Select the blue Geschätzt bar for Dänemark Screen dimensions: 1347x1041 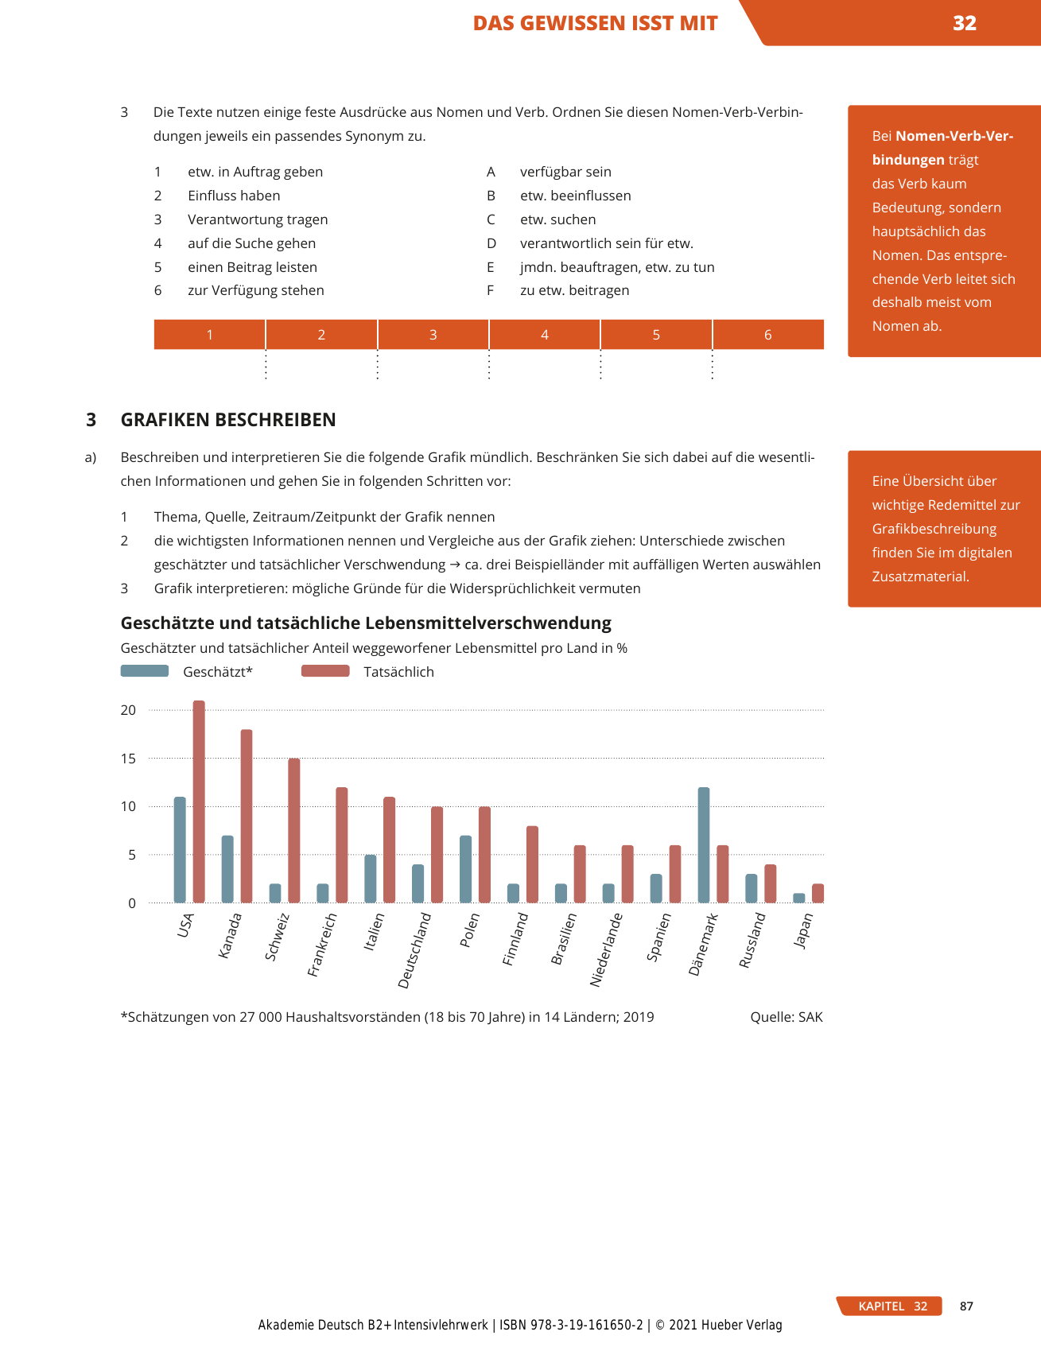[x=704, y=845]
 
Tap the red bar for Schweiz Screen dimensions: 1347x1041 [x=294, y=831]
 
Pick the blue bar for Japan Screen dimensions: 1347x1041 [x=799, y=898]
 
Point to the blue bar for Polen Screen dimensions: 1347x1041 [x=466, y=869]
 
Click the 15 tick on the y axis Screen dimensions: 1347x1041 [x=128, y=759]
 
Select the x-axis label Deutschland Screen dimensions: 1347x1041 [x=414, y=951]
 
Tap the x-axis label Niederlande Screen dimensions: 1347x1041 [x=607, y=950]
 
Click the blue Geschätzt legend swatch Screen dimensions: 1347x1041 [x=145, y=671]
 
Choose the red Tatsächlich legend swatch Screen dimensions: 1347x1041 [x=325, y=671]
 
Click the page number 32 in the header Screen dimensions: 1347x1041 [x=964, y=23]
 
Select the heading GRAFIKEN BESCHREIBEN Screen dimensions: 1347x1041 [x=228, y=420]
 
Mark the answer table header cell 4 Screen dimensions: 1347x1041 [x=545, y=335]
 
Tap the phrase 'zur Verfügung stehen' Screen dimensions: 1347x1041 [x=256, y=290]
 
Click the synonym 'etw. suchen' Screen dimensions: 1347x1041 [x=557, y=219]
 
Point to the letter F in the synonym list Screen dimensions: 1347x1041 [x=491, y=290]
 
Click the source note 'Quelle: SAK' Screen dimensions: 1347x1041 [x=786, y=1017]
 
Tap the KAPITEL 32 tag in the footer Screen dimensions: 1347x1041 [x=891, y=1306]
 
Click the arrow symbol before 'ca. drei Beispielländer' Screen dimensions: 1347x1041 [x=455, y=565]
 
